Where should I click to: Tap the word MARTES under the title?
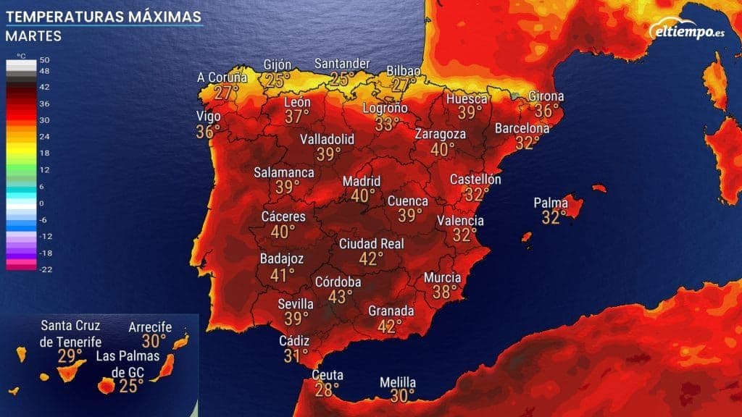click(33, 35)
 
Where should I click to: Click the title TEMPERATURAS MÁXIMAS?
click(104, 15)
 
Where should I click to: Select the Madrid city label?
click(362, 181)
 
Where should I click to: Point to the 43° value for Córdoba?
click(340, 296)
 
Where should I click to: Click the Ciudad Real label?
click(371, 244)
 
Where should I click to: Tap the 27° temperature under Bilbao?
click(401, 85)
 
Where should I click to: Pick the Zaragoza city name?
click(440, 134)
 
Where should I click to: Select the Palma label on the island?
click(551, 203)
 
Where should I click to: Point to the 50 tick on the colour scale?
click(43, 60)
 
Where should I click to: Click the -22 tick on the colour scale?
click(43, 269)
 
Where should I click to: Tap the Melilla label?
click(398, 382)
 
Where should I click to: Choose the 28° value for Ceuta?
click(326, 390)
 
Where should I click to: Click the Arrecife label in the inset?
click(150, 327)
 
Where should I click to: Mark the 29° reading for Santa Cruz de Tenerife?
click(70, 355)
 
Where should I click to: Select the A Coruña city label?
click(222, 77)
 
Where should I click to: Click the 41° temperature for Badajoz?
click(282, 274)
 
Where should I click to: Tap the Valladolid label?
click(328, 138)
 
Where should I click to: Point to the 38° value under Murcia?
click(445, 292)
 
